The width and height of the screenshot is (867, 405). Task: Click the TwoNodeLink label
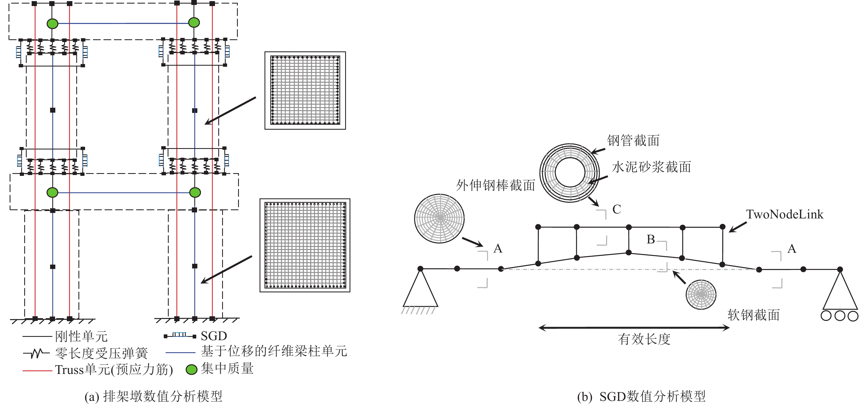click(784, 214)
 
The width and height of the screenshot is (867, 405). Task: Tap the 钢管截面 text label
click(633, 140)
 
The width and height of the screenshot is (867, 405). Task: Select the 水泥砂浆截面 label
click(651, 167)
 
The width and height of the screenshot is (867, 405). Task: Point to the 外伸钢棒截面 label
click(495, 185)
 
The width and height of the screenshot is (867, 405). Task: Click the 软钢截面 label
click(754, 315)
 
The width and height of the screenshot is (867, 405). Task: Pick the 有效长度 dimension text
click(644, 339)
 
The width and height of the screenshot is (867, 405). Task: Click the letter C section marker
click(617, 209)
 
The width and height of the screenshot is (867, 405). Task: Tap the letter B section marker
click(651, 239)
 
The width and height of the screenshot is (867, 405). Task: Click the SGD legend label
click(214, 336)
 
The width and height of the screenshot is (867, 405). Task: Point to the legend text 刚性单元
click(81, 336)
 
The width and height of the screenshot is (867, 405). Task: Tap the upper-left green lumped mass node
click(53, 24)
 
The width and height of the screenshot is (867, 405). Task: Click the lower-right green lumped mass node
click(195, 192)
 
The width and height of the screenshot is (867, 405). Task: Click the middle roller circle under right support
click(840, 316)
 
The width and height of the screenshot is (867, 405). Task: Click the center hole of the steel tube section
click(570, 173)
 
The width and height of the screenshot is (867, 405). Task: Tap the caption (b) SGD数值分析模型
click(641, 396)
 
